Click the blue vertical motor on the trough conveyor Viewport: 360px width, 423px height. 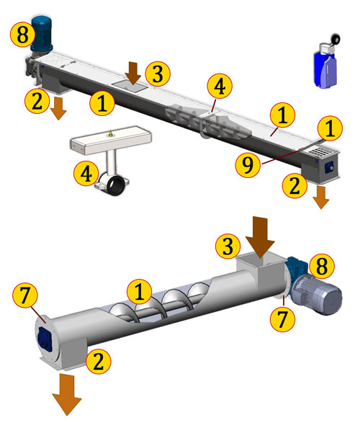tap(42, 34)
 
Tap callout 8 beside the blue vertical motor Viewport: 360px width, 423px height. tap(22, 35)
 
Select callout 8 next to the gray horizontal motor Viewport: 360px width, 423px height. tap(322, 266)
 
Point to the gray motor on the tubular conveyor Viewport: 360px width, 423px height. tap(318, 295)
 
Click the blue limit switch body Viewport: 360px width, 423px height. tap(324, 69)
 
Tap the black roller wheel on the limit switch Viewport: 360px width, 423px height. tap(336, 40)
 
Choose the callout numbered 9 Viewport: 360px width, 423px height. tap(248, 164)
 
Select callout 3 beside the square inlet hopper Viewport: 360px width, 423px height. tap(228, 246)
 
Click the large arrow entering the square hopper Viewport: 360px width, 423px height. tap(260, 239)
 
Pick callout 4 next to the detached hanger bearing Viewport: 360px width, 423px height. tap(86, 174)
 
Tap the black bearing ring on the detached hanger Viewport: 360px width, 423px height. tap(115, 186)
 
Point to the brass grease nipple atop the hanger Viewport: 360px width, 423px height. tap(110, 133)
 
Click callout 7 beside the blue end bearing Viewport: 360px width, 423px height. tap(24, 296)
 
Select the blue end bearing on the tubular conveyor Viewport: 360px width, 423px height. tap(45, 339)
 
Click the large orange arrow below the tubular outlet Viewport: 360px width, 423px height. tap(67, 395)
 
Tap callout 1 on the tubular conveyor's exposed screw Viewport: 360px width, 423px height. tap(139, 292)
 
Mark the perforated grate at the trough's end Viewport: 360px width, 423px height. tap(320, 152)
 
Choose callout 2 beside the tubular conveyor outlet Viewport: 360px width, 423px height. tap(99, 361)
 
